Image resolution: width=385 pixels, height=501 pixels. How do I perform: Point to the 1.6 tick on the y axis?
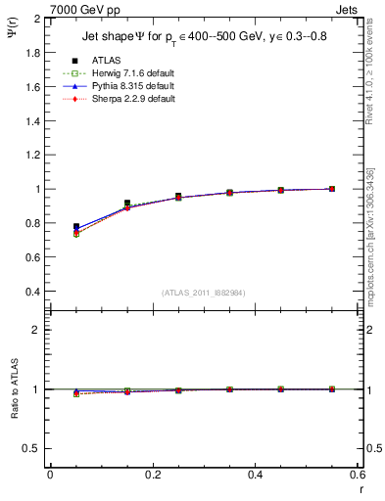pos(32,87)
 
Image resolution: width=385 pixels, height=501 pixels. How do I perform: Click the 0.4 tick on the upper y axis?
pos(32,292)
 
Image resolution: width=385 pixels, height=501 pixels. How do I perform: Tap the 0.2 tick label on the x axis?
pos(152,475)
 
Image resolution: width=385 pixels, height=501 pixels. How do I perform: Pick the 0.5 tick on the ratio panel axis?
pos(32,448)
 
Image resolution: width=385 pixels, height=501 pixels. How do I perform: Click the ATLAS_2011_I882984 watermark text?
pos(203,294)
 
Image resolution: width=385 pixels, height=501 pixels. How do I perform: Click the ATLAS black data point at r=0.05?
pos(76,227)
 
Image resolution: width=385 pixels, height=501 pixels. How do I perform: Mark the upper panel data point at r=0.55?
pos(332,189)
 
